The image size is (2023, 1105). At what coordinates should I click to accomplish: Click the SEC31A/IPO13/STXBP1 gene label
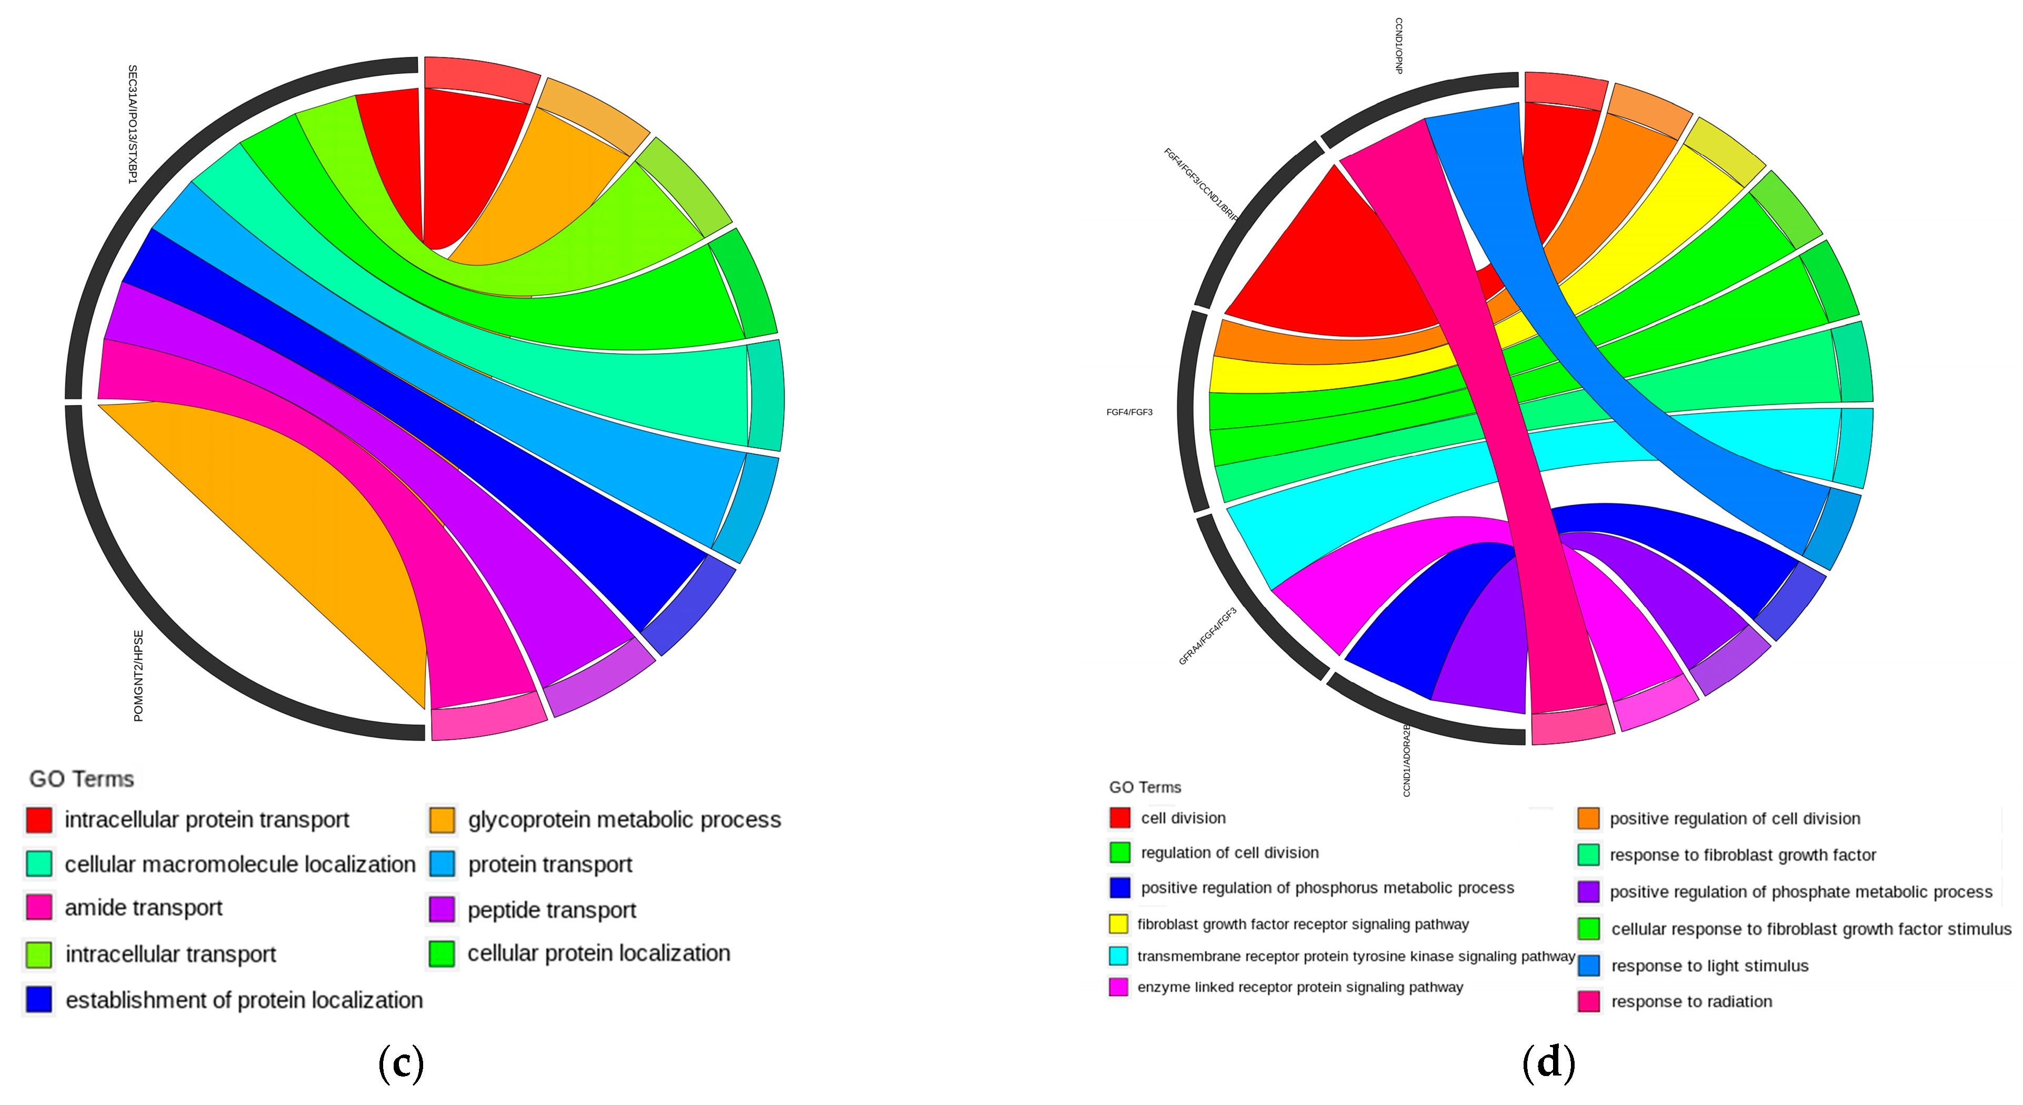click(x=133, y=124)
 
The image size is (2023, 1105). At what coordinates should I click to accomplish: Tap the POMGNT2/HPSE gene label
click(x=138, y=675)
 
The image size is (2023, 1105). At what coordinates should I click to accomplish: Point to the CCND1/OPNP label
click(x=1399, y=46)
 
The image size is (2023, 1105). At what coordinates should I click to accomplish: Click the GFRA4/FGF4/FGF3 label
click(x=1208, y=636)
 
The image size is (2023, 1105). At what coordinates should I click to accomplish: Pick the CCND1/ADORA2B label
click(x=1407, y=760)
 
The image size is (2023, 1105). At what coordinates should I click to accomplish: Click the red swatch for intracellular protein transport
click(x=39, y=820)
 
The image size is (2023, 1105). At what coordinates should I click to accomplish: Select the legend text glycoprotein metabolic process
click(x=624, y=820)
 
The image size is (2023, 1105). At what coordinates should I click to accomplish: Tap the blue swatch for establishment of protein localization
click(x=39, y=1000)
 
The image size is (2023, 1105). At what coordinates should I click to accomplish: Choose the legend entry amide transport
click(x=144, y=908)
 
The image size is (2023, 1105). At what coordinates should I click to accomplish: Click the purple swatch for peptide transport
click(x=442, y=910)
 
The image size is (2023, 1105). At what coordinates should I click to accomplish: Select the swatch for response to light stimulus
click(x=1589, y=965)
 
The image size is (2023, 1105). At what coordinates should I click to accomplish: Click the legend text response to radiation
click(x=1691, y=1001)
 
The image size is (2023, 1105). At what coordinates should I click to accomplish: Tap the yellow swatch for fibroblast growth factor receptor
click(x=1119, y=923)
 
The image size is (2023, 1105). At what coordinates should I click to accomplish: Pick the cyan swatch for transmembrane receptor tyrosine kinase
click(x=1119, y=956)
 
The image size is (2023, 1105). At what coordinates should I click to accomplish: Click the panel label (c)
click(x=400, y=1063)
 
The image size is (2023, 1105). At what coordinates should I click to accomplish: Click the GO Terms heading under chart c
click(x=82, y=779)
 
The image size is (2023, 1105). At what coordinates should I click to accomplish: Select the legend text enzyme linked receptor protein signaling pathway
click(x=1300, y=987)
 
